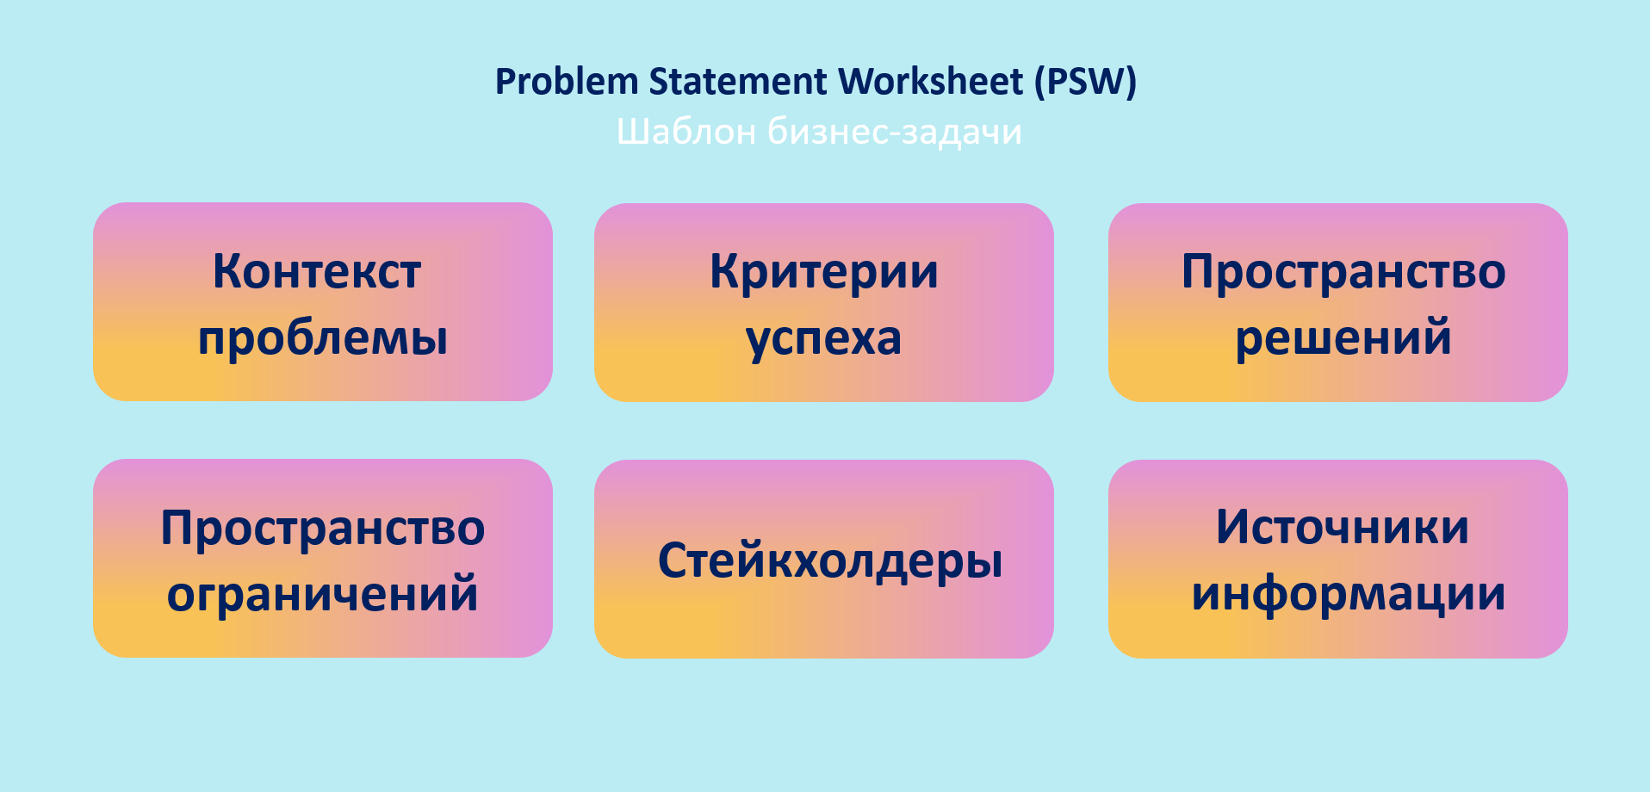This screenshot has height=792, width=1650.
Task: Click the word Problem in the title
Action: click(x=567, y=83)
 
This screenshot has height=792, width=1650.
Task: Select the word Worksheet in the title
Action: click(x=931, y=82)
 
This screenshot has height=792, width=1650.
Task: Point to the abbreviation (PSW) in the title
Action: click(x=1086, y=83)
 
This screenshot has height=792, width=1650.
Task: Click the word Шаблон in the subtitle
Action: click(x=686, y=133)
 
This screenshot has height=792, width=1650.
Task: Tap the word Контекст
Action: click(x=317, y=272)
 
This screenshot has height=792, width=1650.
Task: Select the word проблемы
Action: click(x=323, y=338)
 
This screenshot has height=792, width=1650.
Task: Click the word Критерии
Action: click(x=824, y=272)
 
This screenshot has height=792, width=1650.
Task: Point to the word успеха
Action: click(x=824, y=339)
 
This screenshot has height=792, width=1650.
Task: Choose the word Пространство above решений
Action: click(x=1343, y=272)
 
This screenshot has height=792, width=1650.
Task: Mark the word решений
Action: click(x=1343, y=337)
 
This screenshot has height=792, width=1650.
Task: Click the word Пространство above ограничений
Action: click(x=323, y=529)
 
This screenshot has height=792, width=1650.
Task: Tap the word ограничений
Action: click(x=323, y=594)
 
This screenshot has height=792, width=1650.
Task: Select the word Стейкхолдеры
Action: click(x=830, y=561)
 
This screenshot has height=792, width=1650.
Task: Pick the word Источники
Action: click(x=1343, y=528)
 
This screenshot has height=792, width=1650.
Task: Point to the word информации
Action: click(x=1349, y=594)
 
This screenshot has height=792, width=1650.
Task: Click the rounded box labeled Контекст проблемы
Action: click(x=323, y=301)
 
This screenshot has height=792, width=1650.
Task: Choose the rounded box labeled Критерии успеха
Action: click(x=824, y=302)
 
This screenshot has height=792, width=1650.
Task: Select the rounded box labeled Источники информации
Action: click(x=1338, y=559)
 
